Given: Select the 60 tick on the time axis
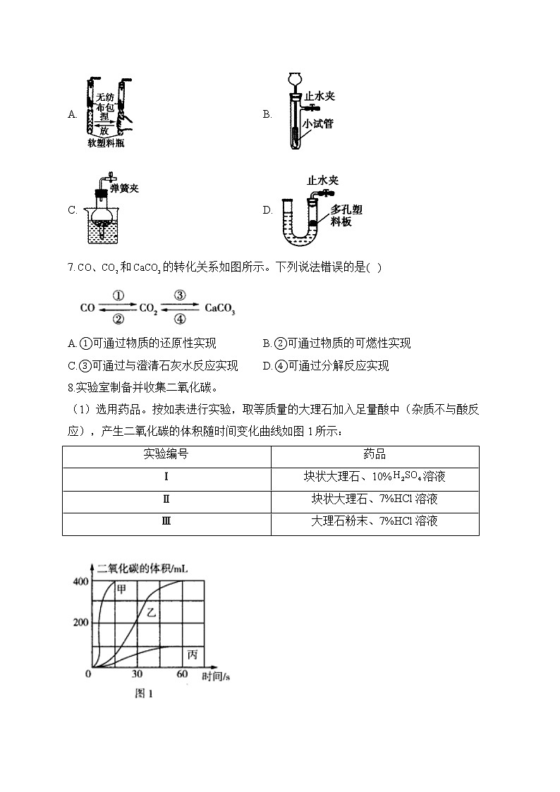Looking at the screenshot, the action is tap(182, 675).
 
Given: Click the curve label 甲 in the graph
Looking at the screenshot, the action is tap(121, 590).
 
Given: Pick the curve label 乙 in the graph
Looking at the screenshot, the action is tap(151, 613).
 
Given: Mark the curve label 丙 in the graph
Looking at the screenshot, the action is tap(193, 655).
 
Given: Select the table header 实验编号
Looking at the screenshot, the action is tap(166, 455).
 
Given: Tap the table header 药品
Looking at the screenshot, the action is tap(375, 455).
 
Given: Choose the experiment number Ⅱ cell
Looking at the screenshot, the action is tap(166, 499).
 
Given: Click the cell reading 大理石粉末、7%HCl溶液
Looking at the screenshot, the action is tap(375, 522).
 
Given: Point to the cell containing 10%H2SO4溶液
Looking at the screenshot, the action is tap(375, 477).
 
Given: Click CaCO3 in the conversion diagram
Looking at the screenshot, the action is tap(220, 308).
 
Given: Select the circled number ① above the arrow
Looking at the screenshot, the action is tap(118, 296).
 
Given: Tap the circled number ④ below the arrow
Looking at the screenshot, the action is tap(179, 319).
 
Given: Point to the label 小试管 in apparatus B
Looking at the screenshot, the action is tap(318, 123).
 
